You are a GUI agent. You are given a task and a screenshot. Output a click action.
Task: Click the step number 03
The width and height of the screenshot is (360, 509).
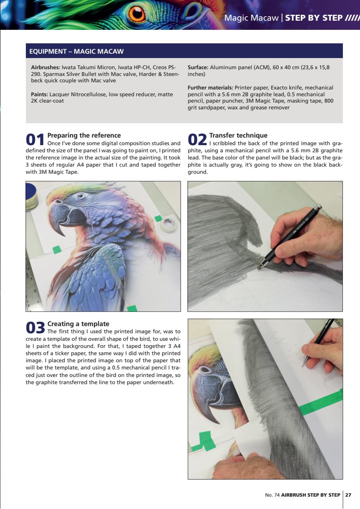(x=35, y=328)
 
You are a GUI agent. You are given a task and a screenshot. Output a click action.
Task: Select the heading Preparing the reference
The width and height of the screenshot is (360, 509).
(x=84, y=136)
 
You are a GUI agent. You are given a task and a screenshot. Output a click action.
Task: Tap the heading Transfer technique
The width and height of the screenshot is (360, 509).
(x=238, y=136)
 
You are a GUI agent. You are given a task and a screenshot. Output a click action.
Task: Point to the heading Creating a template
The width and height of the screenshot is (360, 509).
(x=78, y=324)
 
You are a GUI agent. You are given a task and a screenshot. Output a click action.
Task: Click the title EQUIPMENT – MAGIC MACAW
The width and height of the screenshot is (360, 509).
(x=77, y=52)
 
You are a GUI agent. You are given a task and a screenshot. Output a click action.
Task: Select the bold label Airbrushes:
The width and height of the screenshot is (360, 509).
(x=45, y=67)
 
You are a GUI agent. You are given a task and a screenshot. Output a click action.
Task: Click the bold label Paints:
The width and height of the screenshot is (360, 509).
(x=39, y=94)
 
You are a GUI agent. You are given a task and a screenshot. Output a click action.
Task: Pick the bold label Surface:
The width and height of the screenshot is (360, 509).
(x=198, y=67)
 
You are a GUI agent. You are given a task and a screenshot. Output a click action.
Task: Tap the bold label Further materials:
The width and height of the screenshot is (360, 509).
(x=210, y=87)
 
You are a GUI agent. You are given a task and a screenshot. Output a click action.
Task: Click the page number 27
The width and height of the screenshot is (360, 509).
(x=348, y=495)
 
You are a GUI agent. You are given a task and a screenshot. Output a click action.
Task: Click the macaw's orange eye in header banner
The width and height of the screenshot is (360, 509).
(x=137, y=14)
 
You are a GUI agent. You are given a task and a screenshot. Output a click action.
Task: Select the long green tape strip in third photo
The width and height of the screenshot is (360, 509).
(x=321, y=402)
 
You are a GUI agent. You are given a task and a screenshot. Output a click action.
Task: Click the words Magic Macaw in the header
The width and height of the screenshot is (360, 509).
(x=251, y=18)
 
